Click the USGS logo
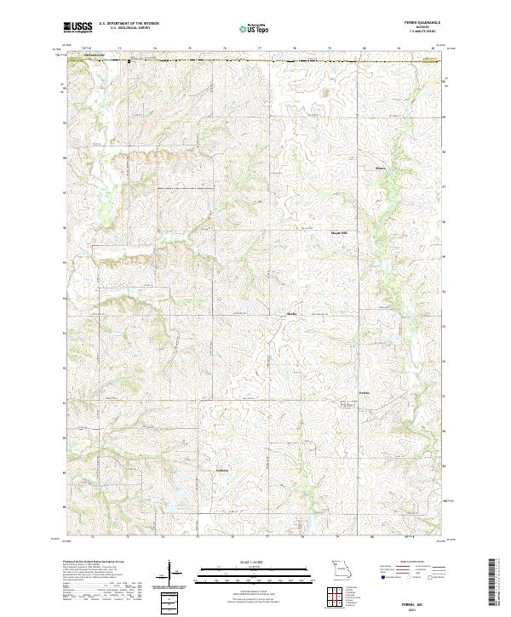[x=78, y=27]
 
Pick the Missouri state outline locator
[x=342, y=568]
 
